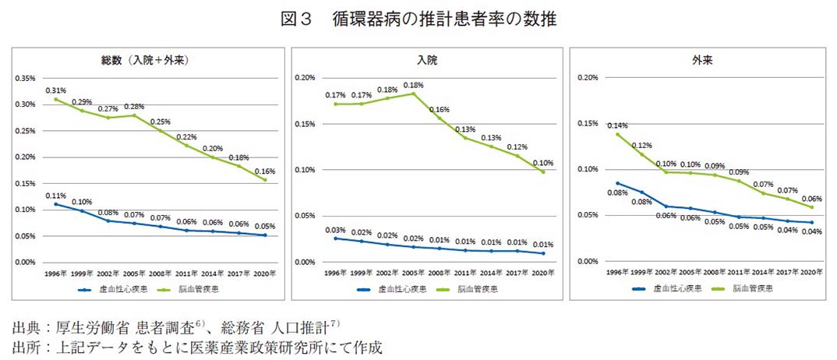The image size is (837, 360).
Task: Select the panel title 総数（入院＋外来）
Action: [x=146, y=60]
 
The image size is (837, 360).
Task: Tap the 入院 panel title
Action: [x=426, y=60]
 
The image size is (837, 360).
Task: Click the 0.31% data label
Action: [x=55, y=90]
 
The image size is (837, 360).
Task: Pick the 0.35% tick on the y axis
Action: [x=25, y=79]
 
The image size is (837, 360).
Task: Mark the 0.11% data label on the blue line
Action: [x=55, y=195]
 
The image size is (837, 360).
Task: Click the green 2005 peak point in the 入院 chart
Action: [x=412, y=94]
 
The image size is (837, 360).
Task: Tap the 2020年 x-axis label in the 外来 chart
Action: [x=811, y=272]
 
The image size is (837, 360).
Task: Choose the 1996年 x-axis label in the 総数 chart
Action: [x=55, y=273]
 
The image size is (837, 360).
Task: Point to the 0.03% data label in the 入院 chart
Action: [x=335, y=229]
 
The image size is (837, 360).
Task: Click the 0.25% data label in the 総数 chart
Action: [x=160, y=122]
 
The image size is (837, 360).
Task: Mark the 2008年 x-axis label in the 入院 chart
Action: [x=439, y=273]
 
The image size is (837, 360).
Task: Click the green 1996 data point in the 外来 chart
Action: [x=618, y=134]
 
